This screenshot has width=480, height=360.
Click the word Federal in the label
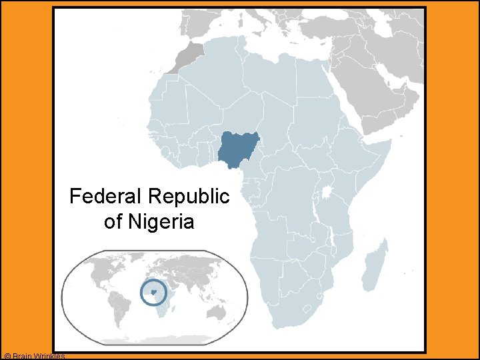[107, 197]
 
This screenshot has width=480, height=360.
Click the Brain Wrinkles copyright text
[33, 356]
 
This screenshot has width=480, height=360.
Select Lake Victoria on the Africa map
[327, 193]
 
